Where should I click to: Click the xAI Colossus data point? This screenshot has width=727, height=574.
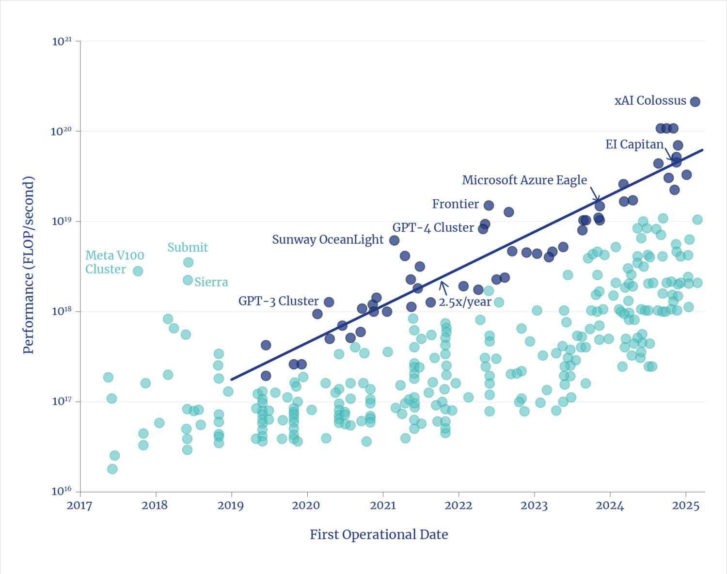click(x=695, y=101)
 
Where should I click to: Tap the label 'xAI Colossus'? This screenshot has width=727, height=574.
click(x=650, y=101)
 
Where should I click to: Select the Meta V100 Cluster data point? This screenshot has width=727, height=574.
click(x=138, y=271)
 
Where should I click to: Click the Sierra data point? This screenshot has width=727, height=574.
click(x=188, y=280)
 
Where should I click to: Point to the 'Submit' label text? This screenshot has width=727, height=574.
click(x=188, y=247)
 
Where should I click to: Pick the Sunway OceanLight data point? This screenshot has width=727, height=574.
click(x=395, y=240)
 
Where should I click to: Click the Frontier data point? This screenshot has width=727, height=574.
click(x=489, y=206)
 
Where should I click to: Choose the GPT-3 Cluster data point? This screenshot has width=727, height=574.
click(x=329, y=302)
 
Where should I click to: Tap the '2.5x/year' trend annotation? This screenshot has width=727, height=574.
click(x=465, y=302)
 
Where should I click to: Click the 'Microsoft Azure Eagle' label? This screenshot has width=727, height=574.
click(x=524, y=180)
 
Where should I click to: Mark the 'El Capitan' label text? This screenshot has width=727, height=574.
click(x=634, y=144)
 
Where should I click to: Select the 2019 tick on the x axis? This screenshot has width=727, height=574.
click(x=231, y=506)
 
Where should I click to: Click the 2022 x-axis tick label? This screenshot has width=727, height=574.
click(x=458, y=506)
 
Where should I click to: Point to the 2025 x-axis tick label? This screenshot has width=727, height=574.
click(x=686, y=506)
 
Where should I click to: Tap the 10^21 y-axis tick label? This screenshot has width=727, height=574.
click(x=62, y=42)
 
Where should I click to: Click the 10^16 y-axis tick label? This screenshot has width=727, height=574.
click(x=62, y=492)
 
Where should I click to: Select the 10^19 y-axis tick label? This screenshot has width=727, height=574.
click(x=62, y=222)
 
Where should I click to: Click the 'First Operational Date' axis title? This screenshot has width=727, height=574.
click(x=379, y=535)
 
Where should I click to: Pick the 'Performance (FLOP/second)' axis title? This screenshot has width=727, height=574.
click(x=29, y=265)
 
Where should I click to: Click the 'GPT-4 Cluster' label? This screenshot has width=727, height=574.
click(x=433, y=228)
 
